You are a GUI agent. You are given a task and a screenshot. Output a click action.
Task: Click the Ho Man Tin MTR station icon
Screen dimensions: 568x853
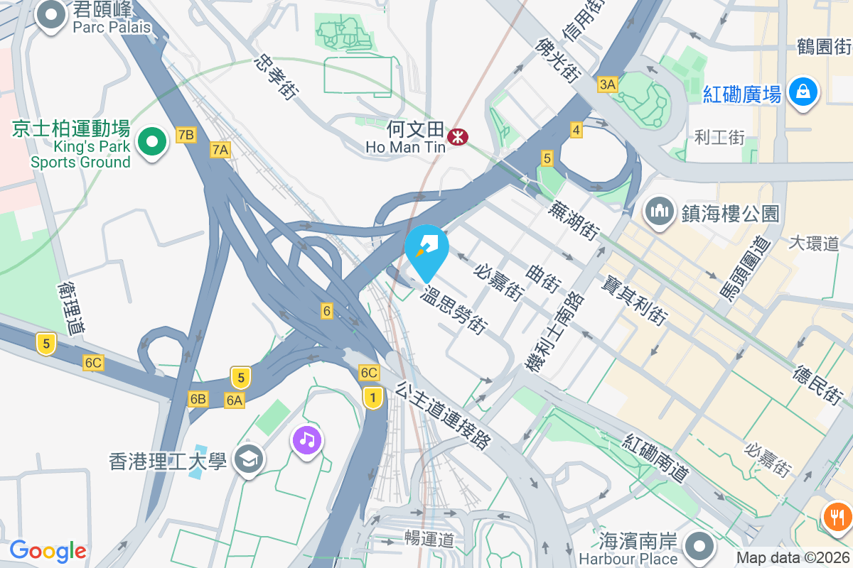(x=456, y=136)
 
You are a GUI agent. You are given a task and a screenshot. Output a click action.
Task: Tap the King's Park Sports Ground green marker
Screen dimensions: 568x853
(x=151, y=142)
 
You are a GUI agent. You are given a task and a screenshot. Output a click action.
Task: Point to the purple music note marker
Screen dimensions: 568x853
(x=306, y=440)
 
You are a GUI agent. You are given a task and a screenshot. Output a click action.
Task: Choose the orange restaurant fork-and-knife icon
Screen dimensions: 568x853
(x=837, y=516)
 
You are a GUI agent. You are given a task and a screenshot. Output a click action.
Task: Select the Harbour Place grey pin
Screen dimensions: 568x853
(x=699, y=547)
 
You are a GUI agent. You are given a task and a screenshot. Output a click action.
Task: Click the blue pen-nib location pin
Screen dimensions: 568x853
(x=426, y=248)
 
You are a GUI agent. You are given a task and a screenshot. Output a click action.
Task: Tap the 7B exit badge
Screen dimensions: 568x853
(x=186, y=135)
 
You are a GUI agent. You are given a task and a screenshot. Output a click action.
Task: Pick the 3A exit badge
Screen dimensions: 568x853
(x=607, y=85)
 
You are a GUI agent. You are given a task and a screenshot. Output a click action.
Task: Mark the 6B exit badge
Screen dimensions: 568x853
(x=198, y=399)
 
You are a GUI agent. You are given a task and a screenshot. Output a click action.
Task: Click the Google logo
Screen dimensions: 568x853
(x=48, y=550)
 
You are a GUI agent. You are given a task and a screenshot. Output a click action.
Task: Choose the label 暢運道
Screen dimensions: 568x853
(x=429, y=539)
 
